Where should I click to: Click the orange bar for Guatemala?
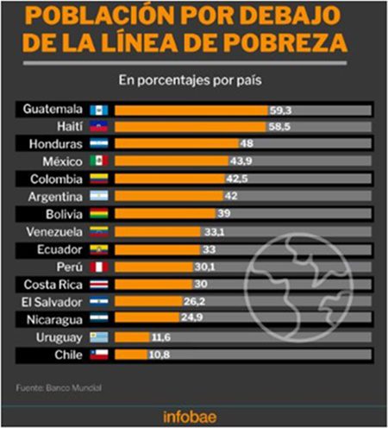point(191,110)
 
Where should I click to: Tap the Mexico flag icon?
point(99,161)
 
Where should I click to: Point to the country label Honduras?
point(56,144)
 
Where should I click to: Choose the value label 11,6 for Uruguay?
point(159,337)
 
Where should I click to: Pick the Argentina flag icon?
point(99,197)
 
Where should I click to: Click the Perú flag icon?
point(99,267)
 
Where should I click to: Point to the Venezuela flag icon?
point(99,232)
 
